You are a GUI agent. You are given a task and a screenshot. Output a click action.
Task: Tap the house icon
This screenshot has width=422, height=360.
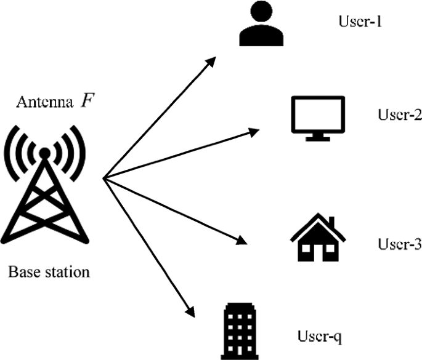point(317,238)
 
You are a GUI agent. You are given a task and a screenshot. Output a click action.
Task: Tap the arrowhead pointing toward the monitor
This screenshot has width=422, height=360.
point(255,130)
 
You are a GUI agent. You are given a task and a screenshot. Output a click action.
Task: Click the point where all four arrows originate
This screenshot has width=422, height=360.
point(103,179)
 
